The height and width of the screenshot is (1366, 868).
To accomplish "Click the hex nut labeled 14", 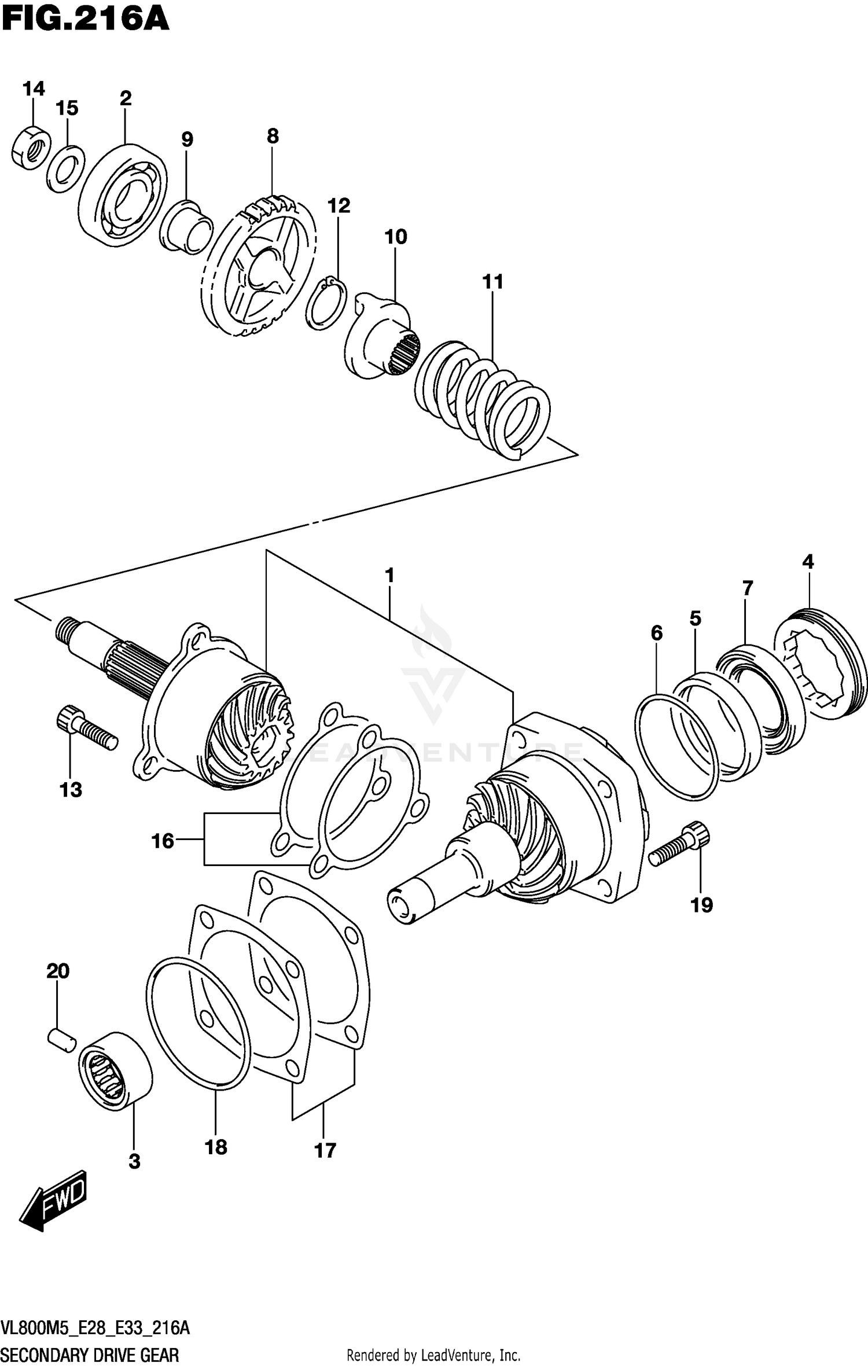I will tap(31, 147).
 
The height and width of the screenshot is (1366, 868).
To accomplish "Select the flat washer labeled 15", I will tap(65, 170).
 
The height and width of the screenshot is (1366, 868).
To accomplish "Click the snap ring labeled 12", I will tap(326, 304).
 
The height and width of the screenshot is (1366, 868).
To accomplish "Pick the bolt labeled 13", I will tap(87, 728).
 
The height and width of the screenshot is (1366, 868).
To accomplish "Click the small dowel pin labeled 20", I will tap(61, 1037).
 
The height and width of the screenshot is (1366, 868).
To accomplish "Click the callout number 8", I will tap(273, 136).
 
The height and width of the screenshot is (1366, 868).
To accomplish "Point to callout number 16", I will tap(163, 840).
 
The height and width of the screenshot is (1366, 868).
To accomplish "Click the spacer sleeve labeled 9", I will tap(186, 227).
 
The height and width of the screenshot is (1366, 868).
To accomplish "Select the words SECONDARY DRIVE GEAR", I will tap(90, 1354).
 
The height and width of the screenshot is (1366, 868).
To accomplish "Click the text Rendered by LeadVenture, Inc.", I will tap(433, 1355).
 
